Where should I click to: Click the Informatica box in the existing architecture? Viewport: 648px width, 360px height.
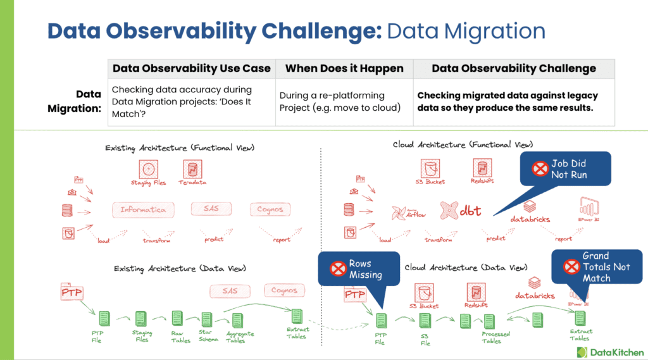143,209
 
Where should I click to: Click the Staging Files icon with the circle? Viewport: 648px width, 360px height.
149,170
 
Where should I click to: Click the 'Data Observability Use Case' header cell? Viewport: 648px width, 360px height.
191,68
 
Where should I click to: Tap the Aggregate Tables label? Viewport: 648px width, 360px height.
235,337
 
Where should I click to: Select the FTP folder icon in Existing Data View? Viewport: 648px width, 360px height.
72,293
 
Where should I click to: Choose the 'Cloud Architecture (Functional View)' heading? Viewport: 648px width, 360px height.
463,145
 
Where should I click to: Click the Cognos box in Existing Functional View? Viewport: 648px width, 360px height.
270,209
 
